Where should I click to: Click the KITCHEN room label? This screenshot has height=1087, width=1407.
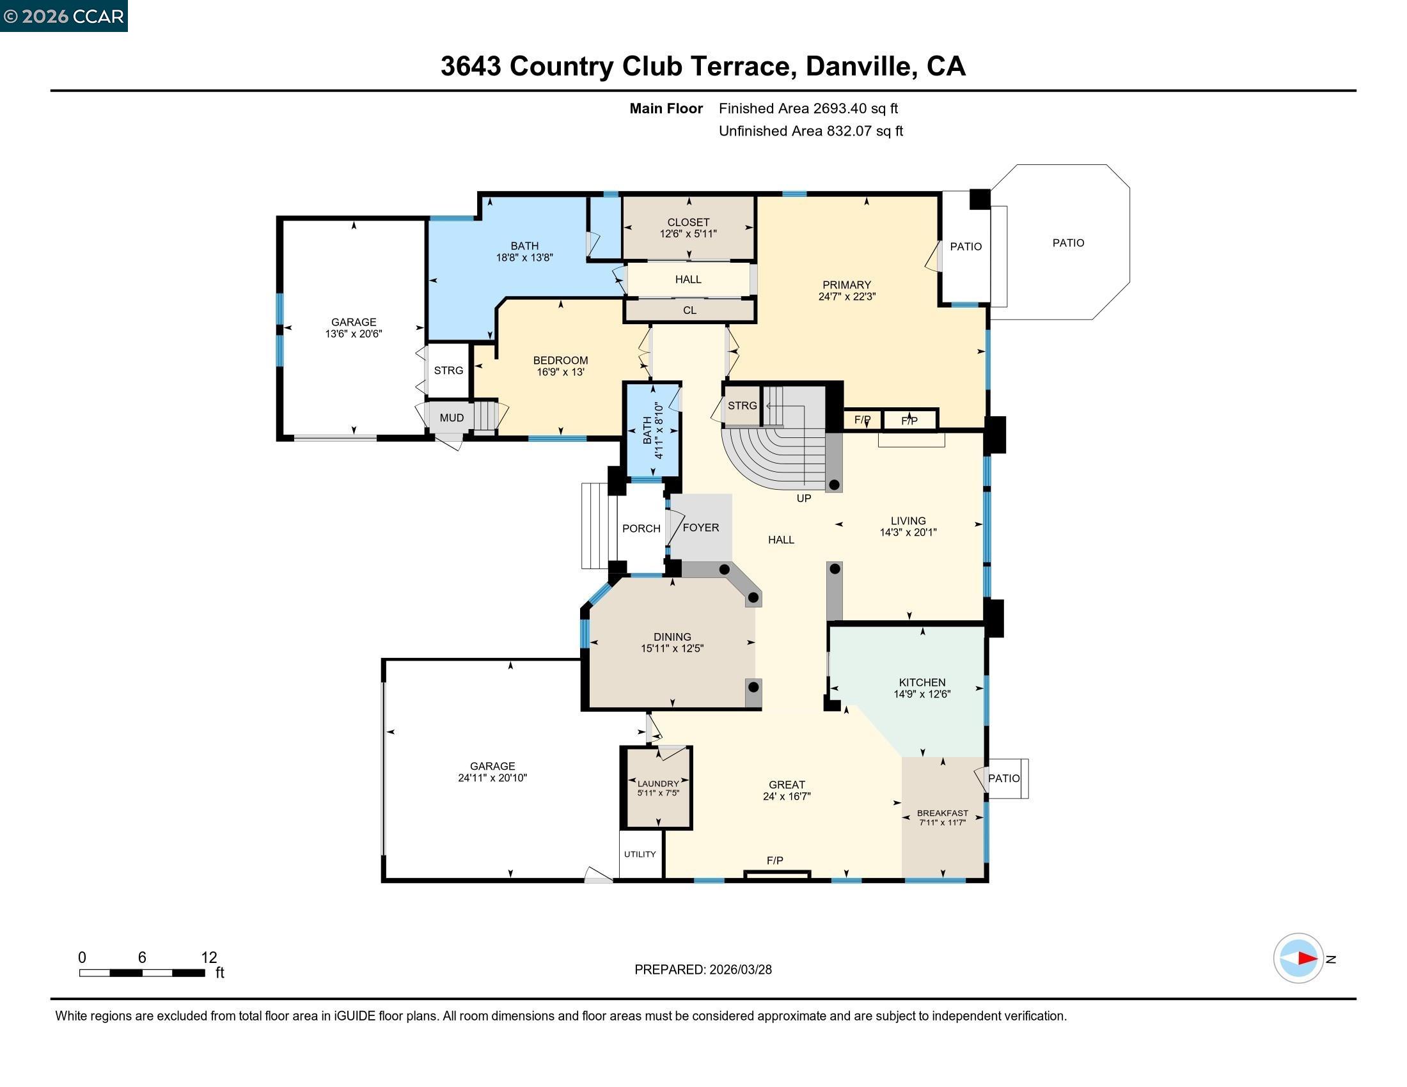pos(922,682)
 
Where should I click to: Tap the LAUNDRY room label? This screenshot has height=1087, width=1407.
pos(657,784)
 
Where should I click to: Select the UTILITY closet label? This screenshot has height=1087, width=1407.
pos(640,854)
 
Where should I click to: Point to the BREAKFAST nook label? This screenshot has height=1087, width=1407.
pos(943,813)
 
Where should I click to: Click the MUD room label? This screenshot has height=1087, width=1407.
pos(452,418)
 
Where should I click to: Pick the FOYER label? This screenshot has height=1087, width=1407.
pos(701,528)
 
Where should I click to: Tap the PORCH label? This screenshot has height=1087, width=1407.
pos(641,528)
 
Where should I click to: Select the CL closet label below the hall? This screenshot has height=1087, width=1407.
pos(689,310)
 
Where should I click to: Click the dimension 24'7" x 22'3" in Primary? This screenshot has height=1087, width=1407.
pos(847,297)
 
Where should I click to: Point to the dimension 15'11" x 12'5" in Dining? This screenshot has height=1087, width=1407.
pos(672,648)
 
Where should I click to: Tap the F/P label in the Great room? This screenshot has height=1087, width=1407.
pos(774,860)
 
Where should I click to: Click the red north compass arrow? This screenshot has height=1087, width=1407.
pos(1307,958)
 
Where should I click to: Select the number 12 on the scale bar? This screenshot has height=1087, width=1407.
pos(208,957)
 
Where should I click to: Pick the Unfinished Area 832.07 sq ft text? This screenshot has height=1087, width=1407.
pos(810,130)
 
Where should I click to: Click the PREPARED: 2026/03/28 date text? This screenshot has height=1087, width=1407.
pos(703,969)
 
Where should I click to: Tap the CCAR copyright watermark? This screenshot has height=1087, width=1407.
pos(63,16)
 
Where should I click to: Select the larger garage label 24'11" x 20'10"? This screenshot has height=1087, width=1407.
pos(492,778)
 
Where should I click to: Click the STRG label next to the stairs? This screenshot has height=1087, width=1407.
pos(742,405)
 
